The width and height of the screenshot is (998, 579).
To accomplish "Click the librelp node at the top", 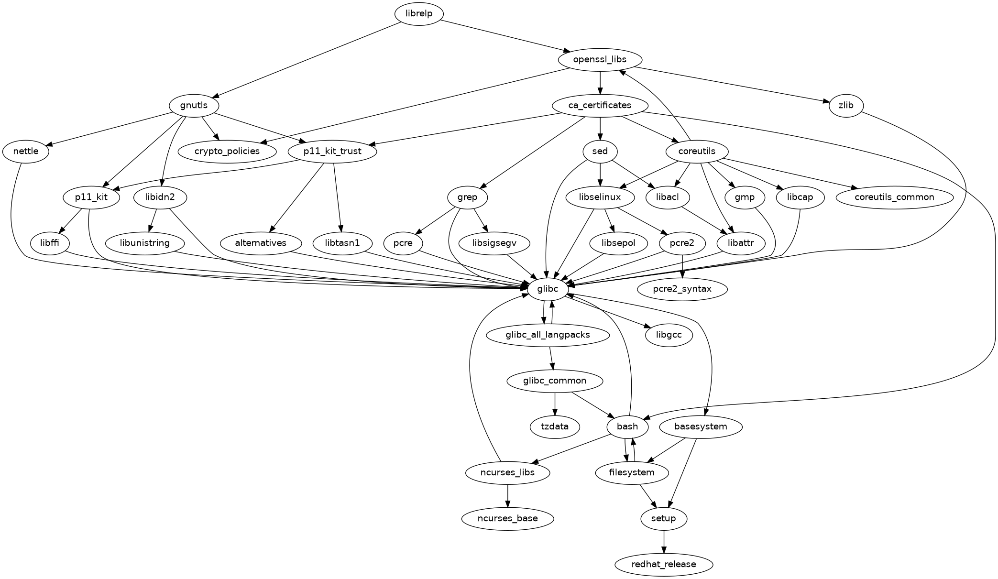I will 419,13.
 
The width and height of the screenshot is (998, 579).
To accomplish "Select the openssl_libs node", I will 600,59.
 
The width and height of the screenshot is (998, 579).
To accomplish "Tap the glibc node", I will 548,289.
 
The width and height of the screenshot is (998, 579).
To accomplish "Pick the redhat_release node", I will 663,564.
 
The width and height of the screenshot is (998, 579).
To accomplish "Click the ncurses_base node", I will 507,518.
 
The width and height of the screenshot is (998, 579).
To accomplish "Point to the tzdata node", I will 555,426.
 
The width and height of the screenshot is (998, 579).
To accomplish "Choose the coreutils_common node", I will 894,197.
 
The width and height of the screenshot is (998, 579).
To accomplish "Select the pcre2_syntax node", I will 682,289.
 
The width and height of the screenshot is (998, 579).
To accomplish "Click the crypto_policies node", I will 228,151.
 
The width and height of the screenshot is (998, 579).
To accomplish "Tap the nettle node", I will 26,152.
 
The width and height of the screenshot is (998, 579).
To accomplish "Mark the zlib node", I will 845,105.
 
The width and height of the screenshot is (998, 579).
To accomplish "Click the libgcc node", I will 669,335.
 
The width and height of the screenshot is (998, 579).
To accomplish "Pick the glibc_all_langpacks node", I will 548,335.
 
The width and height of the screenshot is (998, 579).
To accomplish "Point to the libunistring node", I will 144,243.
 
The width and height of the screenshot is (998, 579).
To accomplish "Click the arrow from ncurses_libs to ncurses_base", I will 507,495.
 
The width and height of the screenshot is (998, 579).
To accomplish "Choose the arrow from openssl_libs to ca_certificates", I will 600,82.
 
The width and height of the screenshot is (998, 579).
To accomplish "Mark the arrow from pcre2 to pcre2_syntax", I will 682,266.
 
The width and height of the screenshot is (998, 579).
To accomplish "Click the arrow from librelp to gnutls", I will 306,60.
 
